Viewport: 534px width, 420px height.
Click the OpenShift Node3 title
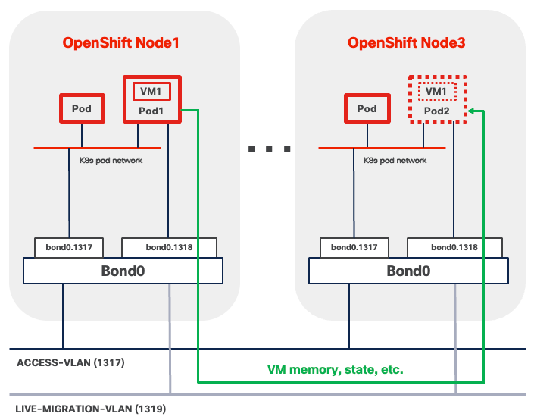[406, 42]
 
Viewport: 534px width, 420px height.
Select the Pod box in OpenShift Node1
[82, 109]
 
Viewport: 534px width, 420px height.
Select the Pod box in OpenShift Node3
[367, 109]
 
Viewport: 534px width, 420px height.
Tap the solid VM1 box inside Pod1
[152, 92]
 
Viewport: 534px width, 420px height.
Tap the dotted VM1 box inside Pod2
[437, 92]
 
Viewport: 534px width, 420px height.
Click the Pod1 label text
[152, 111]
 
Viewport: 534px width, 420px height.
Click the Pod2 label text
[437, 111]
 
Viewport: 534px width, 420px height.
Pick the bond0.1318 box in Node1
[169, 247]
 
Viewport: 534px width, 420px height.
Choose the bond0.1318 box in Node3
[454, 247]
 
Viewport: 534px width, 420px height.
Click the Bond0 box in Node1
[123, 271]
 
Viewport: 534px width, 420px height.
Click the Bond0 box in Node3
[408, 271]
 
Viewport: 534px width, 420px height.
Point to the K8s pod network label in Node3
[395, 161]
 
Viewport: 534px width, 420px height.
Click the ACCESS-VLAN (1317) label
[70, 363]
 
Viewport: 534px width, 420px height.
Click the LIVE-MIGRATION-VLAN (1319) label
[91, 409]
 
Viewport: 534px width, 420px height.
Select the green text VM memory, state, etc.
[336, 371]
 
